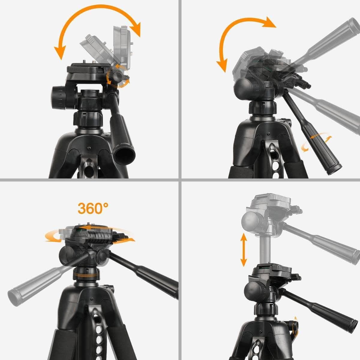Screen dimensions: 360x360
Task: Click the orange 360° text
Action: [93, 208]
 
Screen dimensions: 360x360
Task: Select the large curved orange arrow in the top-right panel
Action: [237, 33]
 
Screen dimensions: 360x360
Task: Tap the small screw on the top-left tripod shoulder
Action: [89, 148]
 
